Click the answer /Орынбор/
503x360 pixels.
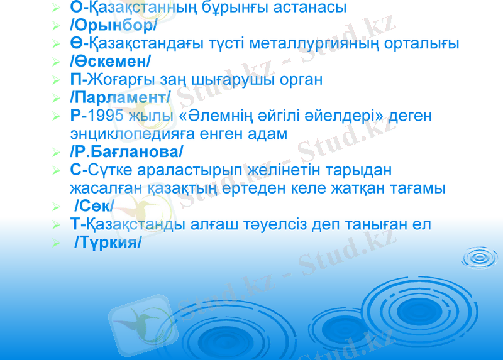[x=114, y=26]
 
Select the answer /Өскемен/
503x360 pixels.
[x=111, y=62]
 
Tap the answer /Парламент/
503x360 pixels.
[x=121, y=97]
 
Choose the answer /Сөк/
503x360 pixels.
[x=94, y=205]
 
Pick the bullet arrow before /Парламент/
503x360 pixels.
[x=57, y=98]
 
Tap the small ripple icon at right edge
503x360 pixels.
[x=482, y=258]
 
